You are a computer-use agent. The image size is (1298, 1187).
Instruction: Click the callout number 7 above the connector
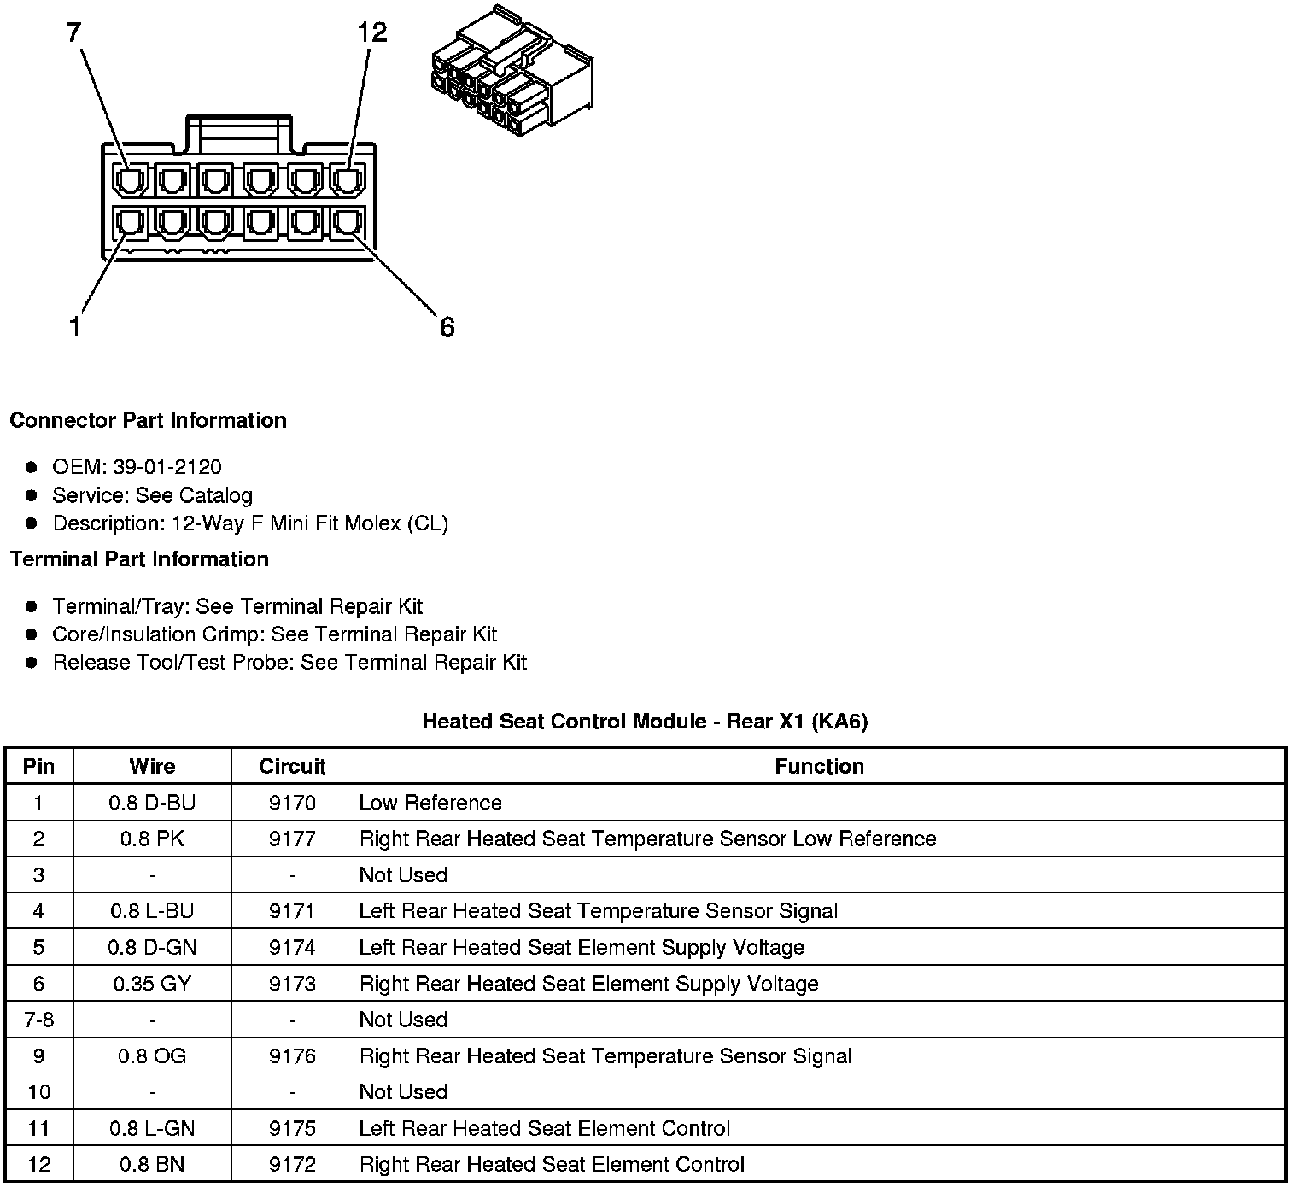[x=74, y=32]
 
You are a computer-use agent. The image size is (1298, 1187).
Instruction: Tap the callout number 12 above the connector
[x=371, y=32]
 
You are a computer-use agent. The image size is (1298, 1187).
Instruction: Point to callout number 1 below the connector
[x=75, y=327]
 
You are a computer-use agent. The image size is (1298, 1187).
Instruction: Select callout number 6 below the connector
[x=447, y=327]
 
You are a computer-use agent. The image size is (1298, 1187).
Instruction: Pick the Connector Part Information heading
[x=148, y=420]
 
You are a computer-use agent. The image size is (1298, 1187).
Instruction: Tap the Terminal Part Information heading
[x=139, y=559]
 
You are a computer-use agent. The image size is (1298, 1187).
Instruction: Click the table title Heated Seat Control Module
[x=645, y=722]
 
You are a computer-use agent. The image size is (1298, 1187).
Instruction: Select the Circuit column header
[x=292, y=766]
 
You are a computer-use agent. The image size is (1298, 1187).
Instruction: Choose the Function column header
[x=819, y=766]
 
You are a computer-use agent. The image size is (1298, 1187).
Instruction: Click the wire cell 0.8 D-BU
[x=152, y=803]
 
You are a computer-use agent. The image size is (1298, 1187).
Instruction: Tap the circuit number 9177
[x=292, y=839]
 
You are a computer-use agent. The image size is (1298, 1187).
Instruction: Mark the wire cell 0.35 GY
[x=152, y=984]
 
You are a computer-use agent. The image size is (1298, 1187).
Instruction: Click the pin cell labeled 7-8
[x=39, y=1020]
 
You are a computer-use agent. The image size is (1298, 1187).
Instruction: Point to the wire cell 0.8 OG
[x=152, y=1056]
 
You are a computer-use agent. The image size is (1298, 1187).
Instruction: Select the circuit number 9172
[x=292, y=1165]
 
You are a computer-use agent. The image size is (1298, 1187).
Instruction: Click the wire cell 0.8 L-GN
[x=152, y=1129]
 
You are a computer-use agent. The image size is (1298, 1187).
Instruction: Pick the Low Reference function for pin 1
[x=430, y=803]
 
